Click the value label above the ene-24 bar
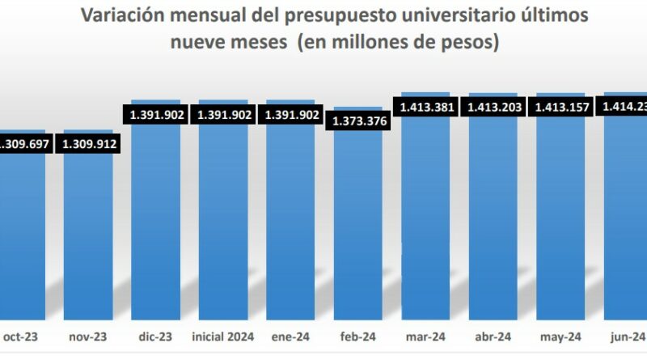pyautogui.click(x=290, y=115)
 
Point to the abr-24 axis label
pyautogui.click(x=493, y=337)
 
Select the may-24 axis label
pyautogui.click(x=560, y=337)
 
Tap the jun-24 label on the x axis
pyautogui.click(x=627, y=337)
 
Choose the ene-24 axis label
pyautogui.click(x=290, y=337)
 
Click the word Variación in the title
pyautogui.click(x=124, y=15)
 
